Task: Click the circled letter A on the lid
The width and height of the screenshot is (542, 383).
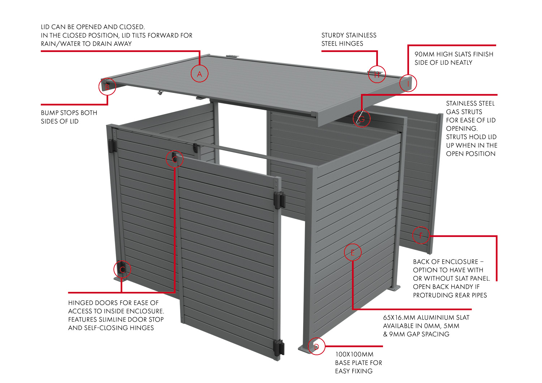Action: point(199,74)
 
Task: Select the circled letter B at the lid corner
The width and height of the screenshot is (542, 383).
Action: point(107,87)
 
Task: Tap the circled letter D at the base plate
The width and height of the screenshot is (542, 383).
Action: point(317,347)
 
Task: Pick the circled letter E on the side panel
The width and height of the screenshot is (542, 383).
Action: point(353,253)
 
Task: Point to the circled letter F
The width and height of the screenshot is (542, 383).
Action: point(421,236)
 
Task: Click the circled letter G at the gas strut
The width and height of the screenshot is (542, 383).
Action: point(361,119)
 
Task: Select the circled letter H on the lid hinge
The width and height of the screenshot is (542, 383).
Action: point(377,74)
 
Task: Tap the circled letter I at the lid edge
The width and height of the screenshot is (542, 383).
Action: point(408,83)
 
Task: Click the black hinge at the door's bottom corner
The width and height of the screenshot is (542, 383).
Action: point(279,347)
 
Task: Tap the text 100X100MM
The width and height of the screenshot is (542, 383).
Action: point(354,354)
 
